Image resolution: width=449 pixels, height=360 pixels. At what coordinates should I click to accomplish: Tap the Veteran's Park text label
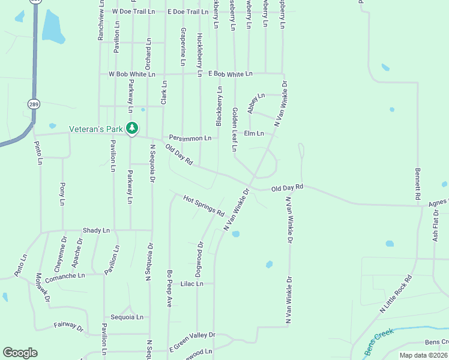point(95,128)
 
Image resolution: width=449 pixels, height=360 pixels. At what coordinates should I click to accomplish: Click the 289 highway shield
point(34,103)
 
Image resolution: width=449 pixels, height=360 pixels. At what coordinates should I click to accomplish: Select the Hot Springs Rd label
point(203,206)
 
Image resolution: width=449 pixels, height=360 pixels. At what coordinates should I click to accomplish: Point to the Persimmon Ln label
point(190,137)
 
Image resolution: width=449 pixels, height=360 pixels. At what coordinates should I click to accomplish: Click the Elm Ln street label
point(253,133)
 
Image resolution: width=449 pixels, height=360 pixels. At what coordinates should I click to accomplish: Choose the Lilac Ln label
point(192,284)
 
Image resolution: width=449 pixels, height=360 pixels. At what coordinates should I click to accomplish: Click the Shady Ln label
point(97,230)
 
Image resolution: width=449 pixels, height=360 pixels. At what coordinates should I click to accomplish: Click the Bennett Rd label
point(418,184)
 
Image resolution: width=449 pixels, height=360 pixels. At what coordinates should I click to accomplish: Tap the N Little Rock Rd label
point(396,294)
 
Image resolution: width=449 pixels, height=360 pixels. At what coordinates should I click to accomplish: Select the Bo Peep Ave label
point(170,288)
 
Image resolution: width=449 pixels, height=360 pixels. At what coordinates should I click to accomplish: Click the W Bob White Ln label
point(131,74)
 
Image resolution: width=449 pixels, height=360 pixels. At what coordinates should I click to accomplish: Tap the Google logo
point(20,353)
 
